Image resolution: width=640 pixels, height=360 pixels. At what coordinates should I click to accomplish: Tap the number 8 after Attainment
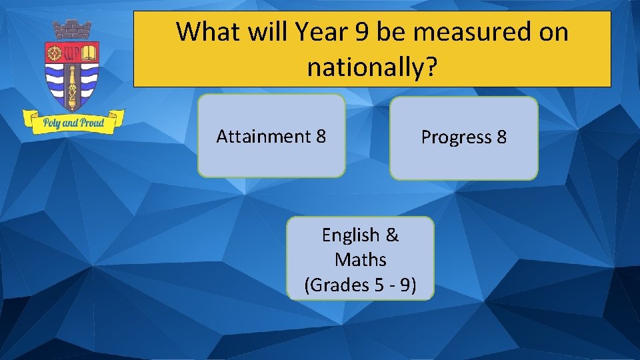coord(320,137)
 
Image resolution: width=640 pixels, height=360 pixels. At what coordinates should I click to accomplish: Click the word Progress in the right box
coord(456,137)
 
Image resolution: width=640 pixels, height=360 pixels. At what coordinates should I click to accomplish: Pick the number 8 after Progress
coord(501,137)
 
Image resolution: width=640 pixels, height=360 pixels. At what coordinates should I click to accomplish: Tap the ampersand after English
coord(392,235)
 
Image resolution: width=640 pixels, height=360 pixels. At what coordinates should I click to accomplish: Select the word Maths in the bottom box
coord(361,259)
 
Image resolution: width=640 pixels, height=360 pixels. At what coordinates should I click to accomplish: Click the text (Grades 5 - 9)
coord(361,285)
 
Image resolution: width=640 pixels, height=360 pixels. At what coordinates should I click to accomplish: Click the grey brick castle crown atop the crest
coord(72,30)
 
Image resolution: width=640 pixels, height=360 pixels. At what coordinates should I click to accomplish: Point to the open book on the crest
coord(89,52)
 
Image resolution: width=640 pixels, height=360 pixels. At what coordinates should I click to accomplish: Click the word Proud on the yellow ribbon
coord(91,123)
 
